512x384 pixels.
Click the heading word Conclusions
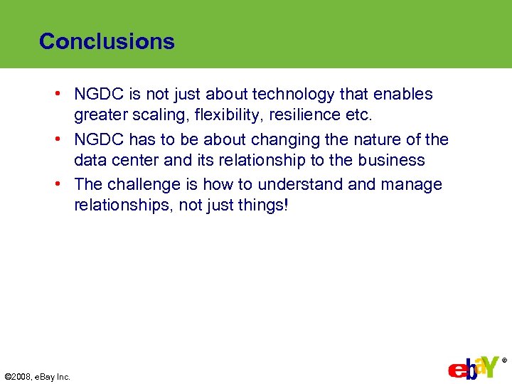(107, 41)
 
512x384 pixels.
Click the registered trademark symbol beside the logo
(504, 361)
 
